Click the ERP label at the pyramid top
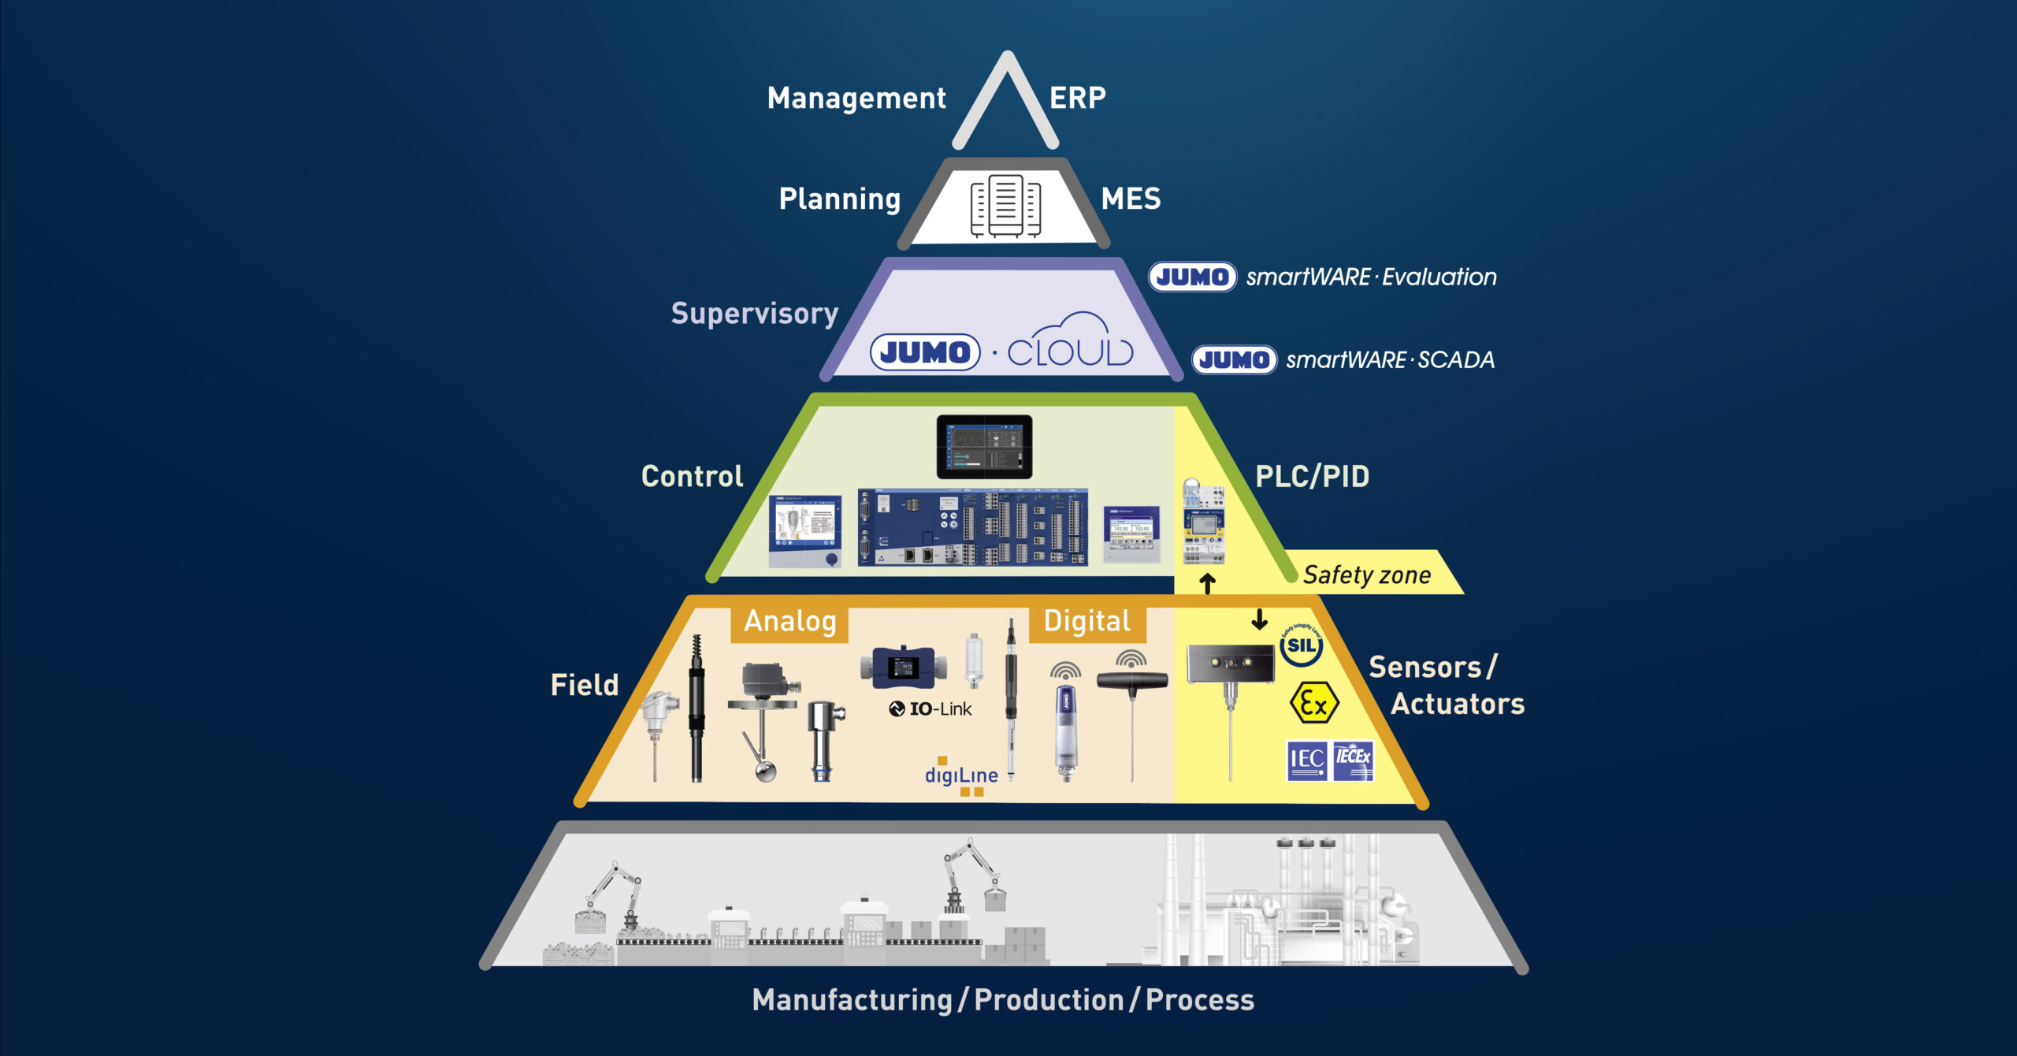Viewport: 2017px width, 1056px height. pos(1077,98)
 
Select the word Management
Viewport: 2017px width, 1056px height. pos(856,99)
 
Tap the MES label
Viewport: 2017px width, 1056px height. pos(1131,199)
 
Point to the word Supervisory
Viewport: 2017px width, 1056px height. pos(754,314)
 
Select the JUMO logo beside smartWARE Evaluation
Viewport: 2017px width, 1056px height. pos(1192,277)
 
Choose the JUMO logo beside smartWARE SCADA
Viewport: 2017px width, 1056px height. pos(1234,360)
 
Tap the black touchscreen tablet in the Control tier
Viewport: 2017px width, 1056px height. pos(984,447)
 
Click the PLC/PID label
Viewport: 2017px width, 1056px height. pos(1312,477)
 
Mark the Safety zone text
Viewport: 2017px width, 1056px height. pos(1367,575)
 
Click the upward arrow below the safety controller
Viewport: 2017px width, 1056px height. pos(1208,584)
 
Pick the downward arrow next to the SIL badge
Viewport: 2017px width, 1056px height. pos(1259,619)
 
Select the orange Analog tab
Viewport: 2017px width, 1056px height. pos(789,622)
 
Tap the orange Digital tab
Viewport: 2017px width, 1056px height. pos(1087,622)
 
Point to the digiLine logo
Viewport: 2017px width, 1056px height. pos(961,776)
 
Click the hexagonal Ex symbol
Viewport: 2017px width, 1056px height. pos(1313,703)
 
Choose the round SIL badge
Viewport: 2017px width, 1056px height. pos(1301,646)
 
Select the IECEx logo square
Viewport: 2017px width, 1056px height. pos(1353,760)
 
